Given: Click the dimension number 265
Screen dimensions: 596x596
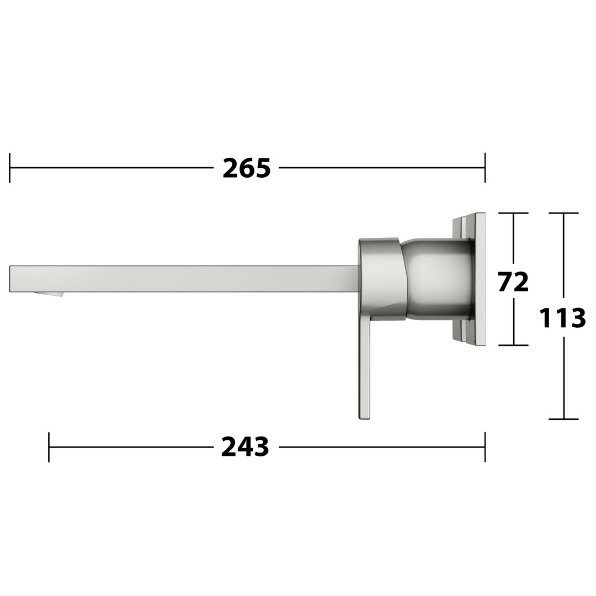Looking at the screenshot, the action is [x=246, y=168].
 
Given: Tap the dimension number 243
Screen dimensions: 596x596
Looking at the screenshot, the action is [x=245, y=446].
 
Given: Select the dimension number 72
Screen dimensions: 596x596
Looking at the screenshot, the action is [x=513, y=281].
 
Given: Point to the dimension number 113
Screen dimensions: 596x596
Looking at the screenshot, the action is [x=562, y=318].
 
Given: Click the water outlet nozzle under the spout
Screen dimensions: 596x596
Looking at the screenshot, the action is [x=49, y=294].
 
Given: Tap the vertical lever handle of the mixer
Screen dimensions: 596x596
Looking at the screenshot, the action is [x=365, y=365].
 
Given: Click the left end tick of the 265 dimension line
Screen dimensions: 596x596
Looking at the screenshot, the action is [x=9, y=168].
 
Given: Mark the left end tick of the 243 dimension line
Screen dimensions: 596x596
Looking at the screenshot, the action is [x=49, y=447].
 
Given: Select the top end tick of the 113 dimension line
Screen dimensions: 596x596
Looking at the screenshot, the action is [x=563, y=213].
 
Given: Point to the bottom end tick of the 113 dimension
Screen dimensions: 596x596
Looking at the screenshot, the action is [x=563, y=419].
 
